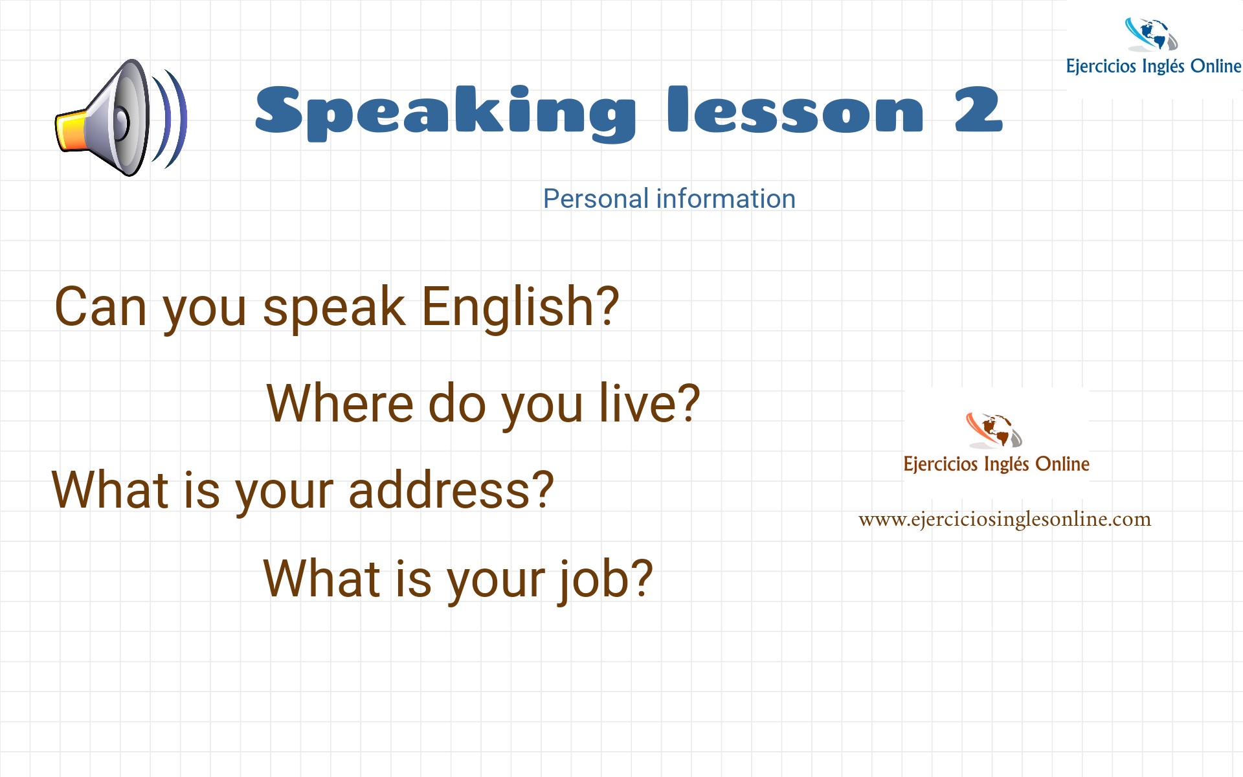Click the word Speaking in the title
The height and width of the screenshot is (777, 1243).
tap(445, 111)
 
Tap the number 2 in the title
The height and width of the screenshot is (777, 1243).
tap(978, 110)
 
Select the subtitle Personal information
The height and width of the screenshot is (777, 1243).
tap(669, 199)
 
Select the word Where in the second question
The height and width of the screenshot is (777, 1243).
tap(340, 403)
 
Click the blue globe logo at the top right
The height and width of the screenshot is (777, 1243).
tap(1151, 35)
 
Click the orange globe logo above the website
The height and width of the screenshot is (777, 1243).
tap(994, 430)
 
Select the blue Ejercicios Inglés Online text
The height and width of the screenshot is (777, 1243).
tap(1153, 66)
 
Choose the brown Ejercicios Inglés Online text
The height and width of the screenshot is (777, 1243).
tap(996, 464)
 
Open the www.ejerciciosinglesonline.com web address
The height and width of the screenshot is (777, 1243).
tap(1004, 519)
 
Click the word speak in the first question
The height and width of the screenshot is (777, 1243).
tap(334, 307)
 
